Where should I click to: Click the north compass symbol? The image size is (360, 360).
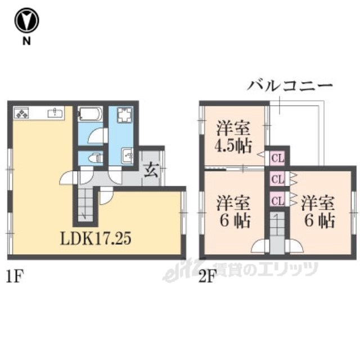coord(26,21)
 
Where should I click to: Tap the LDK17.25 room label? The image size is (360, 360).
coord(96,238)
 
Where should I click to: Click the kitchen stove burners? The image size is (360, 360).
coord(21,113)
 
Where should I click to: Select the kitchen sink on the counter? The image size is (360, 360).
coord(55,112)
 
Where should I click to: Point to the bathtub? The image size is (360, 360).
coord(90,114)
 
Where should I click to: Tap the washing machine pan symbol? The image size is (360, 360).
coord(125,114)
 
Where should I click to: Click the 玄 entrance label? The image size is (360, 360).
coord(151,170)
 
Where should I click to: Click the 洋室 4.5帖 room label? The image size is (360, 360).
coord(234,137)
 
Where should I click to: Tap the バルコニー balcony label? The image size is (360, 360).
coord(290,86)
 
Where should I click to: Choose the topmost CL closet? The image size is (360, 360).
coord(277,158)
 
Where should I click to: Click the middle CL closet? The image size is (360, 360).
coord(277,179)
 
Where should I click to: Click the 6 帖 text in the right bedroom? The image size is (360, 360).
coord(319,220)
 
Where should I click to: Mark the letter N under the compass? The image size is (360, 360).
coord(26,41)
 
